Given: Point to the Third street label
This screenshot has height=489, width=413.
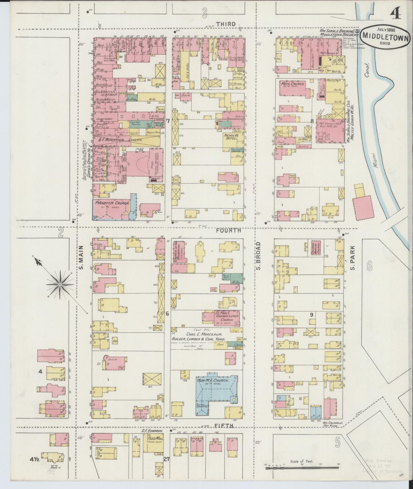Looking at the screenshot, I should pyautogui.click(x=226, y=24).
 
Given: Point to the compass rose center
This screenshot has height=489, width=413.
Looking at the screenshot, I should pyautogui.click(x=60, y=285).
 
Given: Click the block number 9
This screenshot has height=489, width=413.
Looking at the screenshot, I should pyautogui.click(x=312, y=315).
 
